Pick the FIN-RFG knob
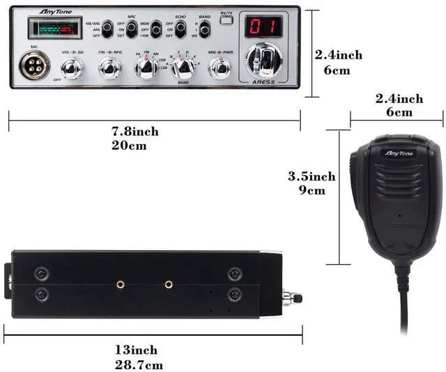tap(110, 68)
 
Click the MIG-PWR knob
tap(221, 68)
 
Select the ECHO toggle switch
tap(180, 29)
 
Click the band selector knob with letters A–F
tap(183, 68)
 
